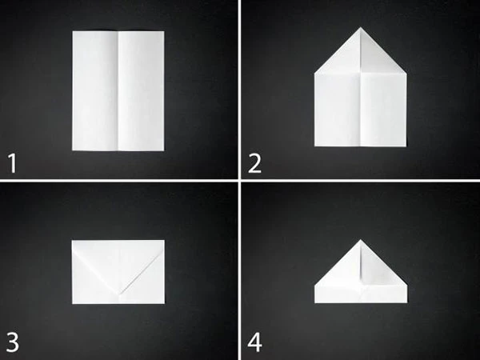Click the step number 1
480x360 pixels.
point(12,163)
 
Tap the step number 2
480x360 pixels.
point(254,163)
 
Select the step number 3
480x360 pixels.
point(13,342)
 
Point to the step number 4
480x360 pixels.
point(254,342)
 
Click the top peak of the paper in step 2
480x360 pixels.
point(360,27)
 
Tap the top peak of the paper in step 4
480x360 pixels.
point(360,239)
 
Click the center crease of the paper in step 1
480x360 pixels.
point(118,90)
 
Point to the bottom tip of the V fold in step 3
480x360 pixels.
point(119,294)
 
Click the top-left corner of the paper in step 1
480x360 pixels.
point(73,31)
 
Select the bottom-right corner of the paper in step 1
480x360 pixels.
point(164,150)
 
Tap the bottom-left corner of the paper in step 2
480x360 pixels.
point(314,146)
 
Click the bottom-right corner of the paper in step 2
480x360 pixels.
point(406,146)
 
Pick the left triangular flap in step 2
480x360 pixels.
point(344,58)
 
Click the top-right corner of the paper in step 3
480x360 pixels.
point(164,240)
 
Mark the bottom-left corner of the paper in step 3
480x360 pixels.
point(72,304)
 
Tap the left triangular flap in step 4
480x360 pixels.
point(344,270)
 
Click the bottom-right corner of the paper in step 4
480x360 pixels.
point(407,302)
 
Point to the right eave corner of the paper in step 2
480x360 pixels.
point(406,73)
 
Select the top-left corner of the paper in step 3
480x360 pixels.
point(72,240)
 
